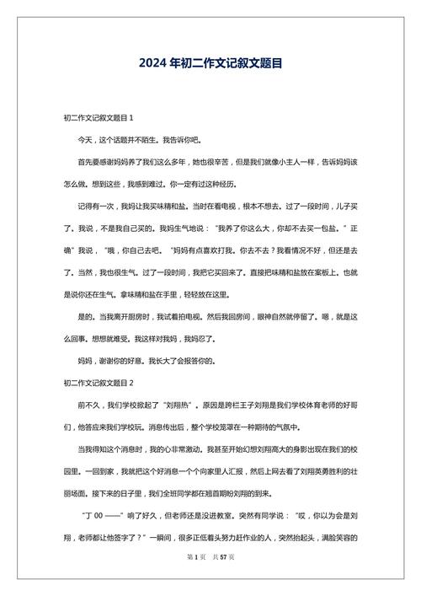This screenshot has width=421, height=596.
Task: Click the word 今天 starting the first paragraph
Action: [87, 139]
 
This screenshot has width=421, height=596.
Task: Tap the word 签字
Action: [123, 536]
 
